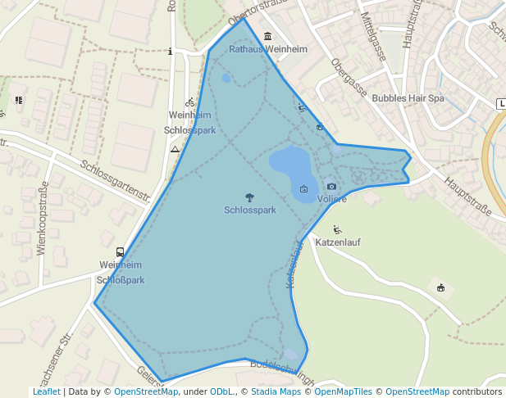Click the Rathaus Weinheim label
click(x=268, y=49)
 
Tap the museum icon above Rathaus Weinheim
click(x=268, y=36)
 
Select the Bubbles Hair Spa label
click(x=408, y=97)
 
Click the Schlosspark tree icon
click(x=249, y=197)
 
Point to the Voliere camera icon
click(x=331, y=187)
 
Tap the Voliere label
click(x=331, y=199)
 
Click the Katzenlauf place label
click(x=338, y=242)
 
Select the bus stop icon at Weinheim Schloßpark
click(x=121, y=252)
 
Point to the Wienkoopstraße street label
click(x=43, y=220)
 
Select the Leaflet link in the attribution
click(x=46, y=391)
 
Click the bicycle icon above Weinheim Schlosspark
click(x=190, y=102)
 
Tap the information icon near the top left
click(x=170, y=51)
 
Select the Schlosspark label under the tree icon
click(x=249, y=210)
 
